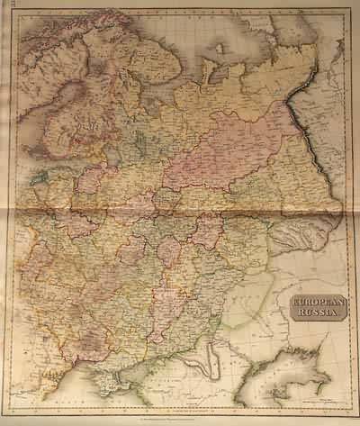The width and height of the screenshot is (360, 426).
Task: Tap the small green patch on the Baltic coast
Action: (x=40, y=178)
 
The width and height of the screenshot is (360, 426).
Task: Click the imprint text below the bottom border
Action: (x=180, y=416)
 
